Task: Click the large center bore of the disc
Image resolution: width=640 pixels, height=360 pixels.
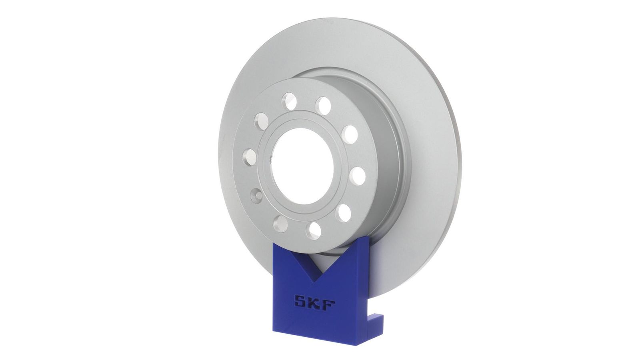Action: pyautogui.click(x=302, y=166)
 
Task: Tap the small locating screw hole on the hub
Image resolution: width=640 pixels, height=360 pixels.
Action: pyautogui.click(x=256, y=195)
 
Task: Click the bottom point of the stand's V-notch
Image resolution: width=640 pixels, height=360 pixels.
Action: pyautogui.click(x=314, y=282)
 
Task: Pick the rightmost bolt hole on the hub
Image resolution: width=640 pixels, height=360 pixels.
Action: pyautogui.click(x=358, y=176)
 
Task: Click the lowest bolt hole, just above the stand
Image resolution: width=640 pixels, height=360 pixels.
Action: pyautogui.click(x=314, y=231)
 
